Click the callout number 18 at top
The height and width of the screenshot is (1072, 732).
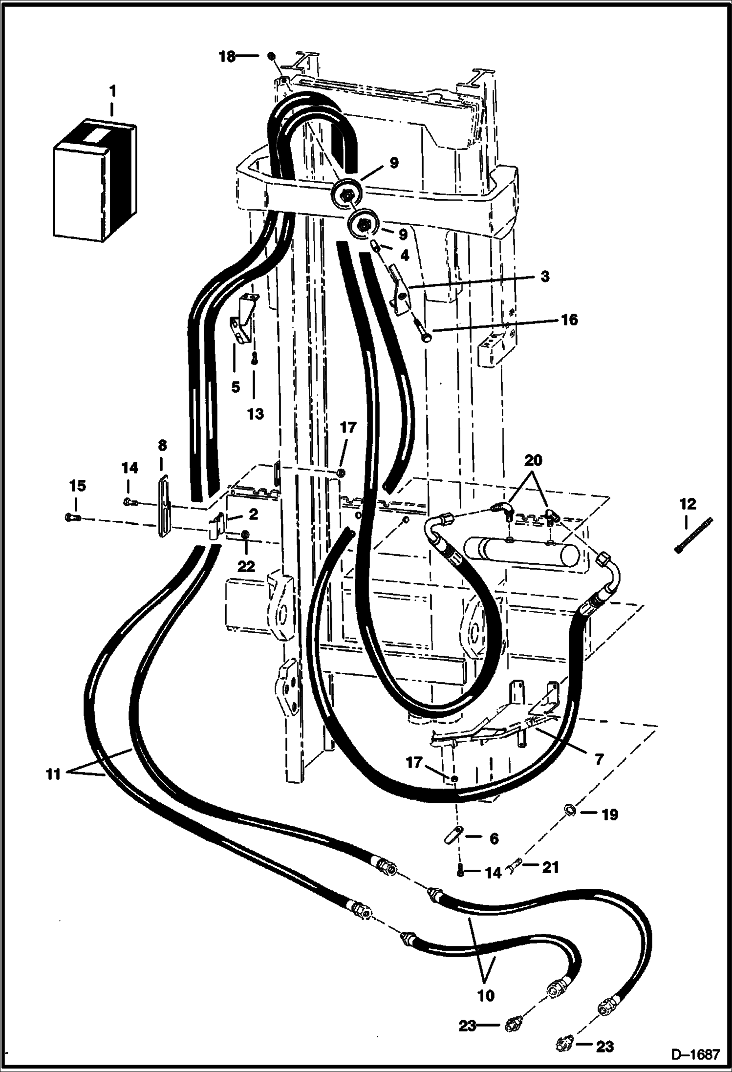(x=227, y=56)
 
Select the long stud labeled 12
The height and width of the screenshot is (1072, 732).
(x=693, y=536)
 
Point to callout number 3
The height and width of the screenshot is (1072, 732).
(x=545, y=276)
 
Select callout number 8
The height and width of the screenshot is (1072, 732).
(x=162, y=445)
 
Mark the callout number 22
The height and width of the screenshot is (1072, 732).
(x=246, y=566)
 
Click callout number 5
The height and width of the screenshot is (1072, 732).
(x=236, y=387)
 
